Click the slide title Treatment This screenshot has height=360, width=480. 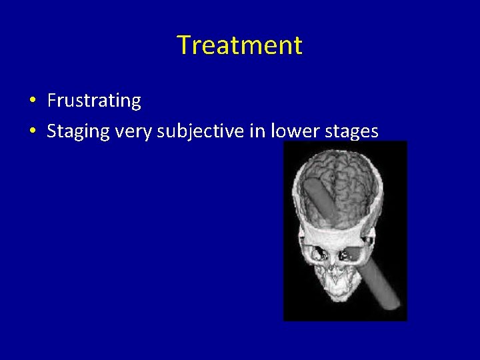coord(239,45)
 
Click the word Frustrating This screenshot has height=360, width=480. coord(94,101)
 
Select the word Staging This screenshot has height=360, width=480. coord(78,132)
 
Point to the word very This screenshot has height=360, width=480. coord(133,132)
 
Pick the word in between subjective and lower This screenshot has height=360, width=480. coord(257,131)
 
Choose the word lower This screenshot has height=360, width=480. coord(294,131)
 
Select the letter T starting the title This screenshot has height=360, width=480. coord(183,45)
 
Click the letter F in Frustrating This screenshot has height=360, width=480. coord(51,101)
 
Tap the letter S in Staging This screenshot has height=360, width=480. coord(51,132)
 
